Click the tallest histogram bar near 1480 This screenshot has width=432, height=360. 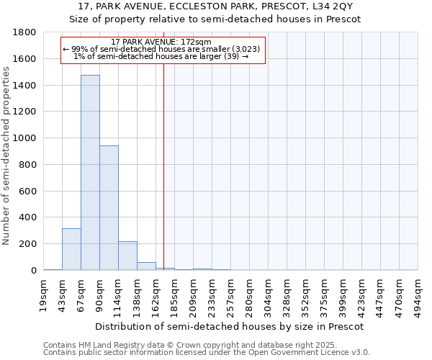(90, 173)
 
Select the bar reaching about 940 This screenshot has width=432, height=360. (109, 208)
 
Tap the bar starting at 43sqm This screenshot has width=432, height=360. (71, 249)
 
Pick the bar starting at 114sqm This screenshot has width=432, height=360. (127, 256)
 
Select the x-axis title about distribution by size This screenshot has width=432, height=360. (230, 326)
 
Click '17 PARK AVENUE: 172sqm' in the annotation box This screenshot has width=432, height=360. (162, 42)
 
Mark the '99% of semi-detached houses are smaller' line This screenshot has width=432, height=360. (162, 49)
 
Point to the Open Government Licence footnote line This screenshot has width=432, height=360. (206, 352)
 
